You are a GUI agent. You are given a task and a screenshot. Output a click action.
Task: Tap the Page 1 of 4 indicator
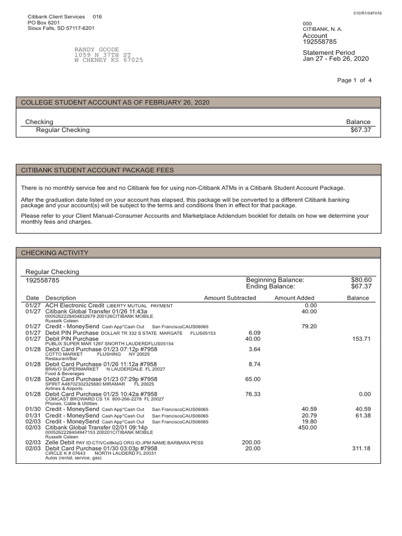354,80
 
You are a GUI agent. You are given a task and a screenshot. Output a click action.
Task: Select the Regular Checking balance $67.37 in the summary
361,130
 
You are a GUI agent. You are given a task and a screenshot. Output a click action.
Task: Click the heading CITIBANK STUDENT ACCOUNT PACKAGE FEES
97,170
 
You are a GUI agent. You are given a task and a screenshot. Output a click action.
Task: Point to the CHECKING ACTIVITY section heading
54,253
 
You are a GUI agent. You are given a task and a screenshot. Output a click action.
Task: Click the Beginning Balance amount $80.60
361,280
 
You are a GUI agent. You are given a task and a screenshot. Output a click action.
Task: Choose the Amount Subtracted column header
230,298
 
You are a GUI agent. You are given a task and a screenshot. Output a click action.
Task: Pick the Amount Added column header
294,298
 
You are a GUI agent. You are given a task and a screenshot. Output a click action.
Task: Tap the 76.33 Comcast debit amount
253,394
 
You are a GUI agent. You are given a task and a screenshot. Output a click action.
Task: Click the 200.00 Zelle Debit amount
251,442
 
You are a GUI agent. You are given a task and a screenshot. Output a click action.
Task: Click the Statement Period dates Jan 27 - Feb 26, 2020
336,59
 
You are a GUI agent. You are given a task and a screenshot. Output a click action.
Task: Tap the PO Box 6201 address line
43,23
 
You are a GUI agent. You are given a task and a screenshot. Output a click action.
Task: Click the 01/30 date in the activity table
33,409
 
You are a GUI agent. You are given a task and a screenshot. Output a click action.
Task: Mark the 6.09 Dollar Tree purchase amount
254,332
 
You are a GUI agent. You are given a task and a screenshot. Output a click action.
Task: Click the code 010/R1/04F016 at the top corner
367,13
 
